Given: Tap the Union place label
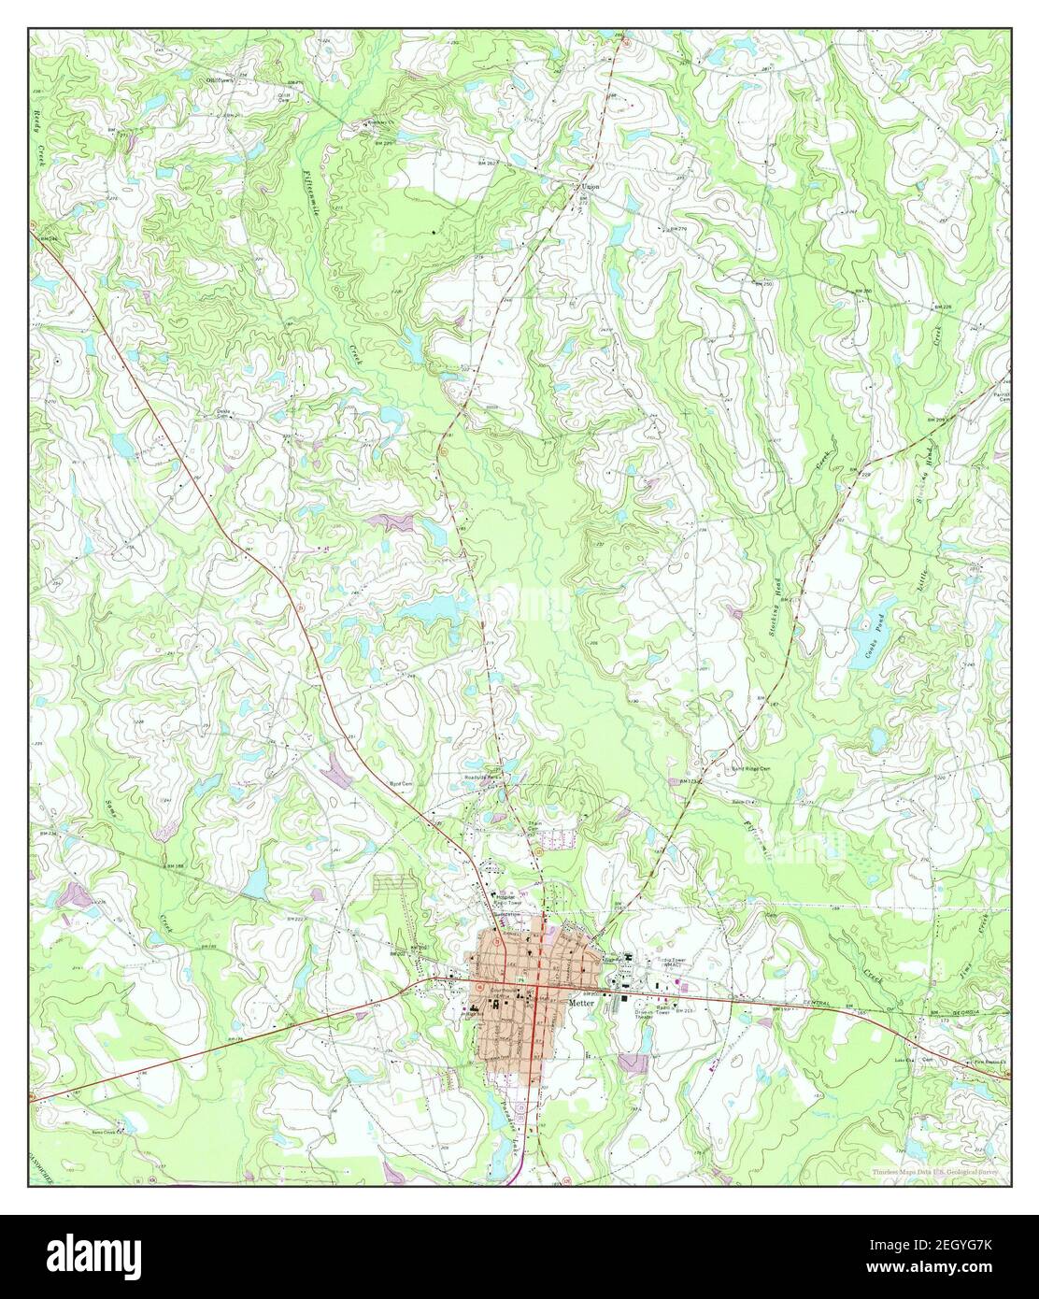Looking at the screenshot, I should [x=590, y=187].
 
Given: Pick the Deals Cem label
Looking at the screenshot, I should [x=223, y=412].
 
